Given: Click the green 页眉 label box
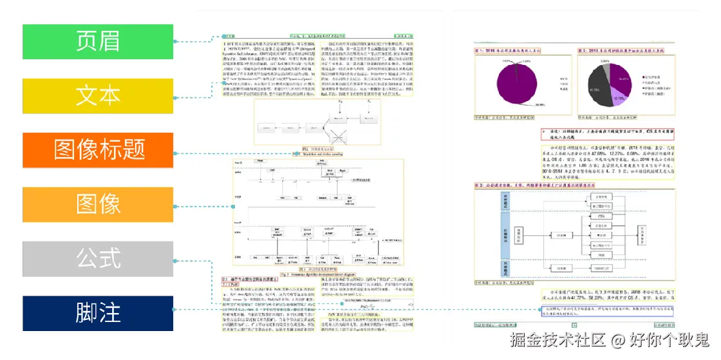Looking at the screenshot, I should click(98, 42).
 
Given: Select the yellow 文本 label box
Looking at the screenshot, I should click(98, 96).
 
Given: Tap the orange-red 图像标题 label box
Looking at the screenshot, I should click(98, 150).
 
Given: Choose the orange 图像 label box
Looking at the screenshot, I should click(98, 204).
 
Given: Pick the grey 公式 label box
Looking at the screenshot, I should click(98, 259).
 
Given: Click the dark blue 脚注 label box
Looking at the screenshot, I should click(98, 313).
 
